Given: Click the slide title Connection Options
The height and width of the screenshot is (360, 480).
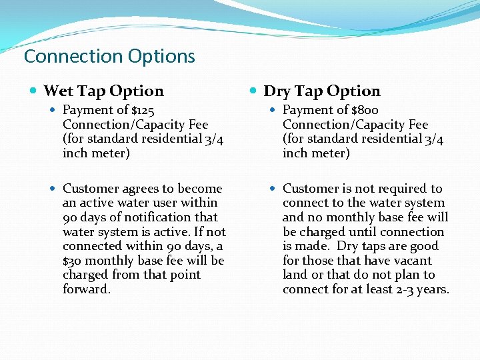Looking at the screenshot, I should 109,57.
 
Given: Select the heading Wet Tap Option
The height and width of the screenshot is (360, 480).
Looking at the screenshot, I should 103,91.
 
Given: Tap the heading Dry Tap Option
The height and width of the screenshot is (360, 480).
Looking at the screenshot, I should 322,91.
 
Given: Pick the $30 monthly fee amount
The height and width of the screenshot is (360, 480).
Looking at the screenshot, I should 73,261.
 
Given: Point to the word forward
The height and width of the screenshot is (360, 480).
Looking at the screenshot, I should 86,289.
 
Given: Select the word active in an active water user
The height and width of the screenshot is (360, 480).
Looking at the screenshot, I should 96,203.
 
